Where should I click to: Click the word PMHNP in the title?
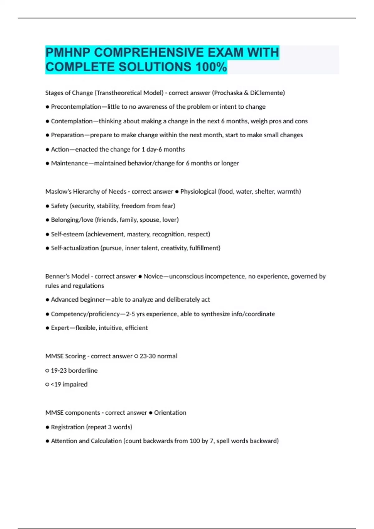pos(68,52)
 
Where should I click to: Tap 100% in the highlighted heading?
pos(211,67)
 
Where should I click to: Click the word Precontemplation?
pos(76,107)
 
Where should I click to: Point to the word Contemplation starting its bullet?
pos(72,121)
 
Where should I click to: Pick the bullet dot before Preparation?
pos(47,135)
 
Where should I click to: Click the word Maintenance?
pos(69,163)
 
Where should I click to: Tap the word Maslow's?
pos(58,192)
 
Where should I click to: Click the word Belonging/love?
pos(72,220)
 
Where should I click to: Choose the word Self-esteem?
pos(67,234)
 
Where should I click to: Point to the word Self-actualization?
pos(75,248)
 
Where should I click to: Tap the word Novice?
pos(153,276)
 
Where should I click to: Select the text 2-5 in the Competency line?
pos(130,314)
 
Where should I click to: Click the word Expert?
pos(60,328)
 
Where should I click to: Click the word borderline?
pos(83,371)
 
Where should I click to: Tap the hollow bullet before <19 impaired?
pos(47,385)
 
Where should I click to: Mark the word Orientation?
pos(170,413)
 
